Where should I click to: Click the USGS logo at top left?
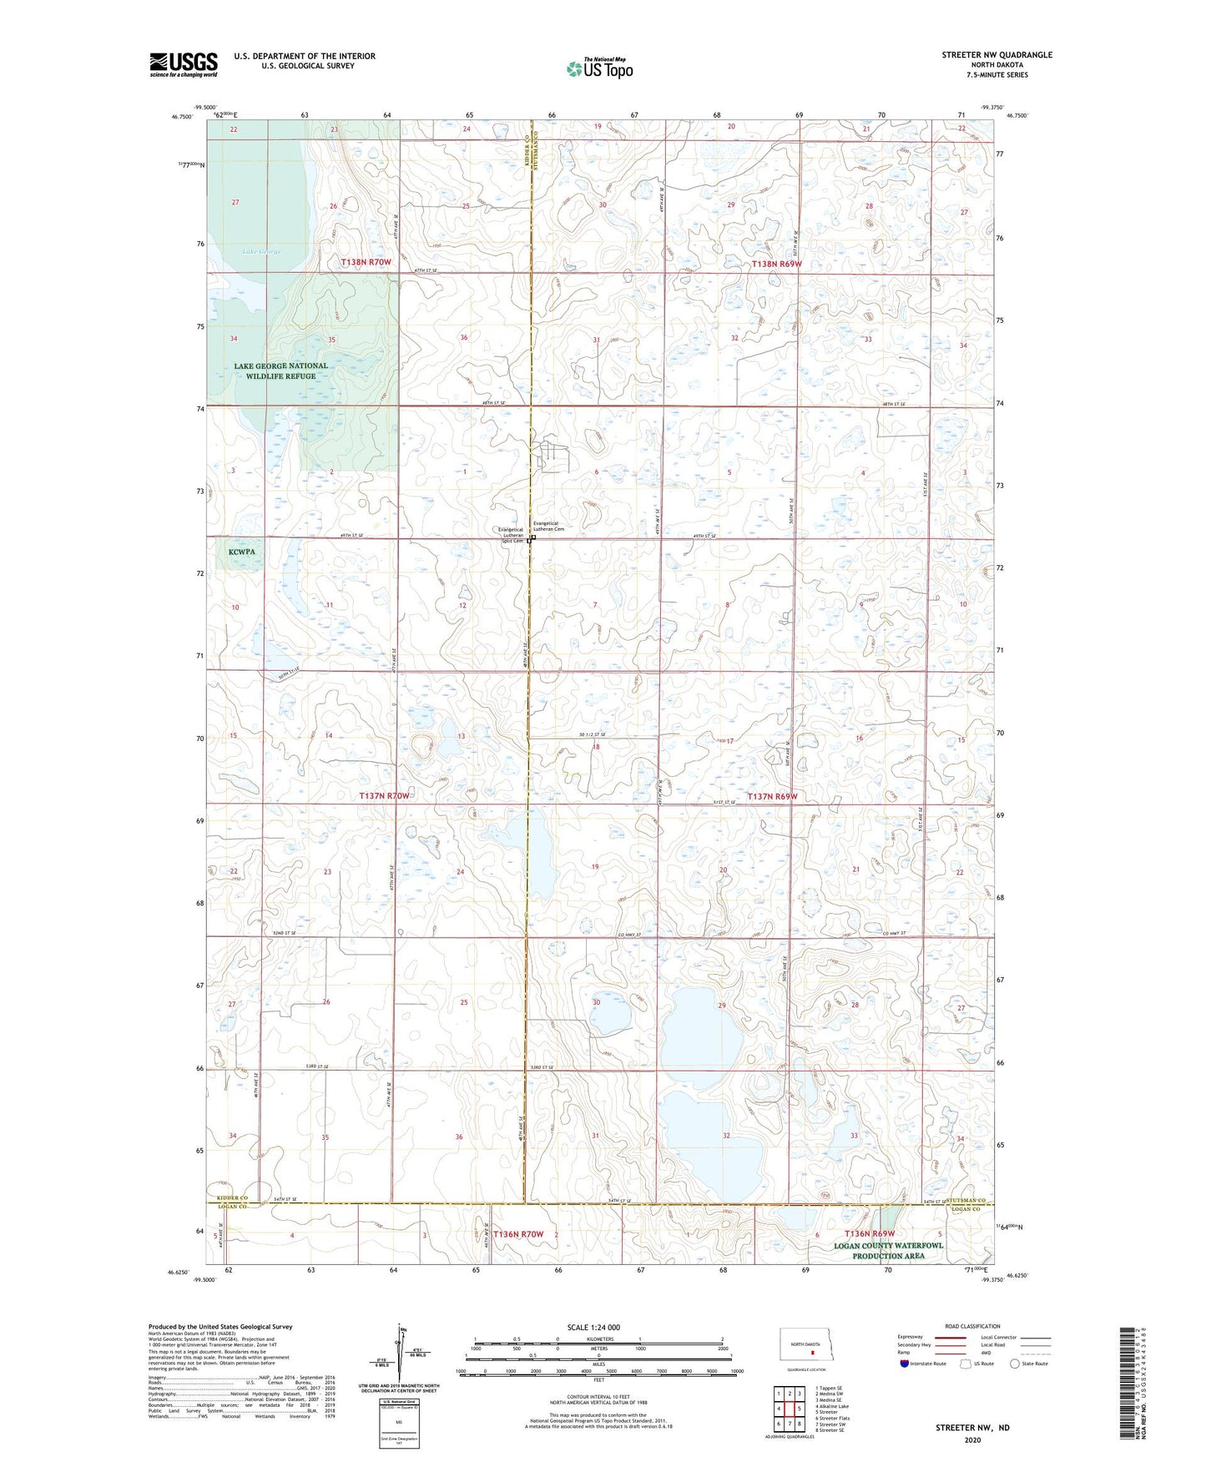point(184,64)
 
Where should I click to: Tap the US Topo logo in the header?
point(599,68)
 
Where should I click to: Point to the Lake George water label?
point(261,251)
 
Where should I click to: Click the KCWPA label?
point(241,552)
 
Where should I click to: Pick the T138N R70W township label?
point(366,263)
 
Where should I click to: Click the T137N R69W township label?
point(772,797)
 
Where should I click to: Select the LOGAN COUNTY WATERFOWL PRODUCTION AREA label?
point(888,1250)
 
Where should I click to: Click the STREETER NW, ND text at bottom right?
point(972,1428)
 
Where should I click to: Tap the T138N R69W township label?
point(776,264)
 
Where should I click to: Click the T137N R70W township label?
point(384,796)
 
